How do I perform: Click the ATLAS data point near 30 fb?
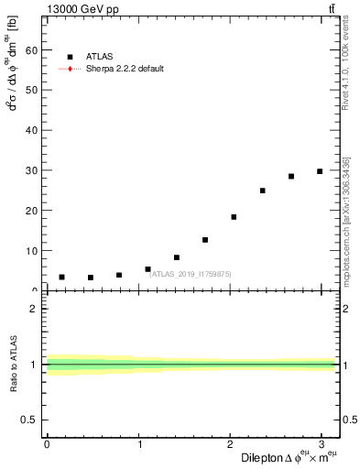(320, 171)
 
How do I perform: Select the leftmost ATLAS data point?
(61, 277)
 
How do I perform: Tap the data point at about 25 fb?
(262, 191)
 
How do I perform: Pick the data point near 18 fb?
(234, 217)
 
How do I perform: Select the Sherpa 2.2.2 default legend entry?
(124, 69)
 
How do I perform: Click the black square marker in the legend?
(71, 57)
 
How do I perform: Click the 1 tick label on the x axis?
(138, 446)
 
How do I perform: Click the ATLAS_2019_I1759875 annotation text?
(191, 273)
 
